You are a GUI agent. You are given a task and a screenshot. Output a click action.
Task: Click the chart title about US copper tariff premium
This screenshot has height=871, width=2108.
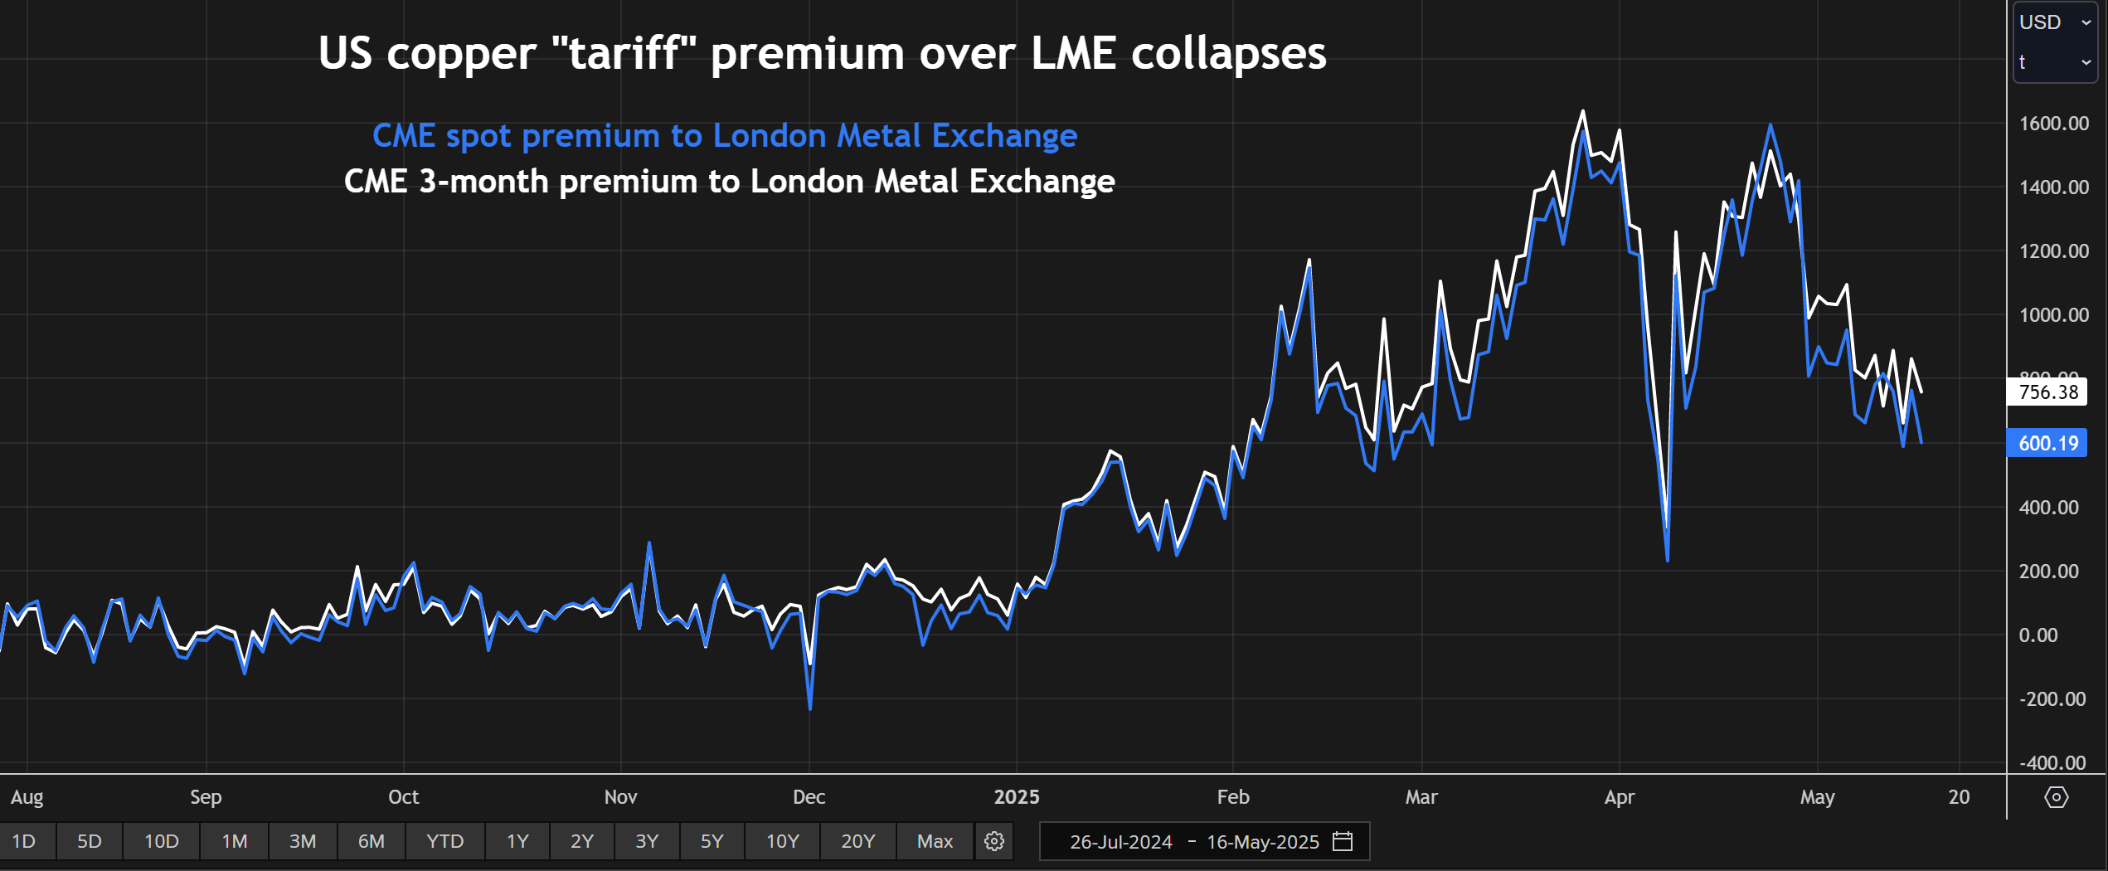tap(822, 53)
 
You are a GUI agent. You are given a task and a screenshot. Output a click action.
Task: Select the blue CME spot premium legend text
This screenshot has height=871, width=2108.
tap(724, 136)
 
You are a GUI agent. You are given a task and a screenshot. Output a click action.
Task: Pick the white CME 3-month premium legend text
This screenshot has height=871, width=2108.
tap(729, 182)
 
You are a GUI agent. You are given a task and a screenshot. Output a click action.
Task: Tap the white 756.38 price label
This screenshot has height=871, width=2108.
tap(2047, 392)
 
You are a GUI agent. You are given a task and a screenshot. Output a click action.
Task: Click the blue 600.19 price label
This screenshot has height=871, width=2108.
tap(2047, 444)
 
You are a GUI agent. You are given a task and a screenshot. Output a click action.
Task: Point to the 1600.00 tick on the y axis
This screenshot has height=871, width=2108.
tap(2053, 124)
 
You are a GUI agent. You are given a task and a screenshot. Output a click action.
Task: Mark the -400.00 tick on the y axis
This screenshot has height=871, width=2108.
tap(2052, 762)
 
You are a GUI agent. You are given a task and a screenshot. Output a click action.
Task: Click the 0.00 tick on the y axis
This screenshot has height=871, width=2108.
tap(2038, 635)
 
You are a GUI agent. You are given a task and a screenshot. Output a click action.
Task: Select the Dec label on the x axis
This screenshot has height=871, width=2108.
tap(809, 797)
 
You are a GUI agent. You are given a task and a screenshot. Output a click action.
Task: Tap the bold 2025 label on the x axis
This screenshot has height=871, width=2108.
tap(1016, 797)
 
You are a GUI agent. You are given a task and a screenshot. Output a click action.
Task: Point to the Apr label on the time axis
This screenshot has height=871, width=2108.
tap(1619, 797)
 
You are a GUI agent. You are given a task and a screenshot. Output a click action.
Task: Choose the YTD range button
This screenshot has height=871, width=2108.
tap(444, 841)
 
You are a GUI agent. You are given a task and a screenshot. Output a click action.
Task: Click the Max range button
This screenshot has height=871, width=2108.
tap(935, 841)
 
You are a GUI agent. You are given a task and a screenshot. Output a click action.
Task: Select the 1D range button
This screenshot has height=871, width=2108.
tap(24, 841)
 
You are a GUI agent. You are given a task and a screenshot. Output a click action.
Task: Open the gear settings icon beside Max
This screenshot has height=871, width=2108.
tap(994, 841)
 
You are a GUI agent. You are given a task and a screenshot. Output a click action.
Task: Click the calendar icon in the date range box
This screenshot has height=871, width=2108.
tap(1343, 841)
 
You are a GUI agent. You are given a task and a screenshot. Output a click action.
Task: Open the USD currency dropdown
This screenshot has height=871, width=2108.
tap(2055, 22)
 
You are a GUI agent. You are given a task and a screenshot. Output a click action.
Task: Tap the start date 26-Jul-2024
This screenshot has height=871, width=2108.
tap(1120, 842)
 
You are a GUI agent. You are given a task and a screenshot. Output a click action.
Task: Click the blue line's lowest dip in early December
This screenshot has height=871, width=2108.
tap(810, 708)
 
